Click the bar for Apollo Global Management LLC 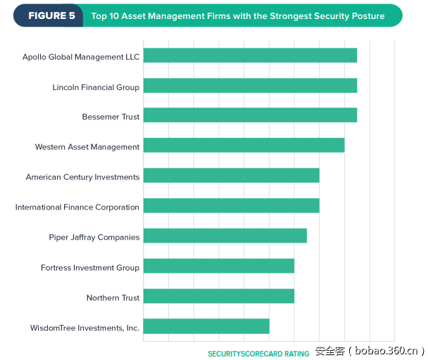tap(250, 56)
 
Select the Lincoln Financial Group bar tap(250, 86)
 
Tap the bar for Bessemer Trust tap(250, 115)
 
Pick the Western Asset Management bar tap(244, 146)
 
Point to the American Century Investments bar tap(231, 176)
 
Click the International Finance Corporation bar tap(231, 205)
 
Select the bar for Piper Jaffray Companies tap(225, 236)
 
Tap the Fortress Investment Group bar tap(218, 266)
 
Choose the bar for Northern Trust tap(218, 296)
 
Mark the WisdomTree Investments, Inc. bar tap(206, 326)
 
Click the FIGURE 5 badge tap(51, 15)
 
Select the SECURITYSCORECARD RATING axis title tap(258, 354)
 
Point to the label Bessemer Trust tap(111, 117)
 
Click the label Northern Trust tap(113, 297)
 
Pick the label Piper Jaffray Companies tap(94, 238)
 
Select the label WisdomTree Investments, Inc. tap(84, 328)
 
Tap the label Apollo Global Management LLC tap(81, 57)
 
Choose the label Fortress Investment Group tap(90, 268)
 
